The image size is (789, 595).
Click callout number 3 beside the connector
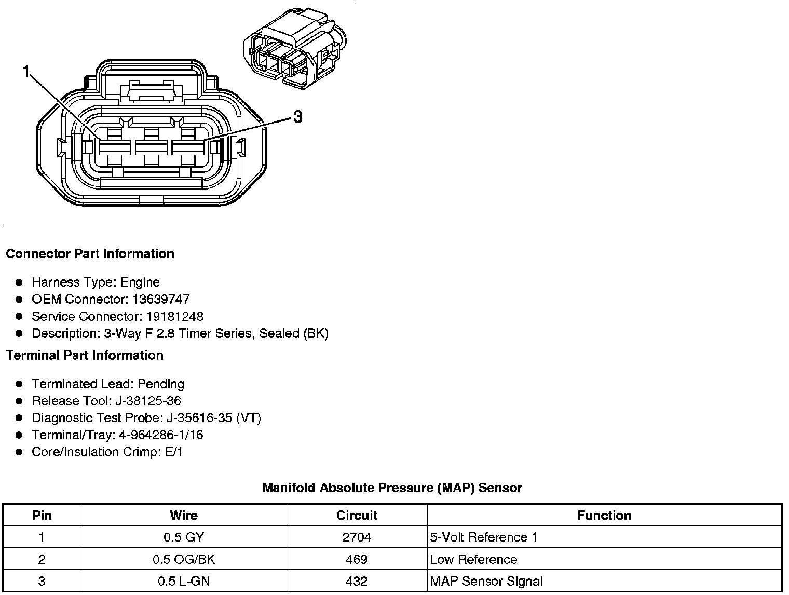click(x=297, y=117)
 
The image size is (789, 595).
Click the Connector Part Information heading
click(x=90, y=254)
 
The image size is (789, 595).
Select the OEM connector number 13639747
click(x=161, y=300)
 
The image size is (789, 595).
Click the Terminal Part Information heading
click(x=85, y=356)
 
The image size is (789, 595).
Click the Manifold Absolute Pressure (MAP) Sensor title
click(x=392, y=488)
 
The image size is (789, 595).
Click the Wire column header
click(x=184, y=516)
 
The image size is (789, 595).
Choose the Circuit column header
click(x=357, y=516)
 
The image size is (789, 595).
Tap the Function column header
click(x=604, y=516)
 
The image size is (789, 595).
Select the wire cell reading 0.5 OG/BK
click(x=184, y=560)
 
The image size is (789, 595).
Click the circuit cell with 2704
click(x=357, y=537)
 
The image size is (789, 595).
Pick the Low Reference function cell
click(x=473, y=560)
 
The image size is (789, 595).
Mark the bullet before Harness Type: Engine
click(x=19, y=282)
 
